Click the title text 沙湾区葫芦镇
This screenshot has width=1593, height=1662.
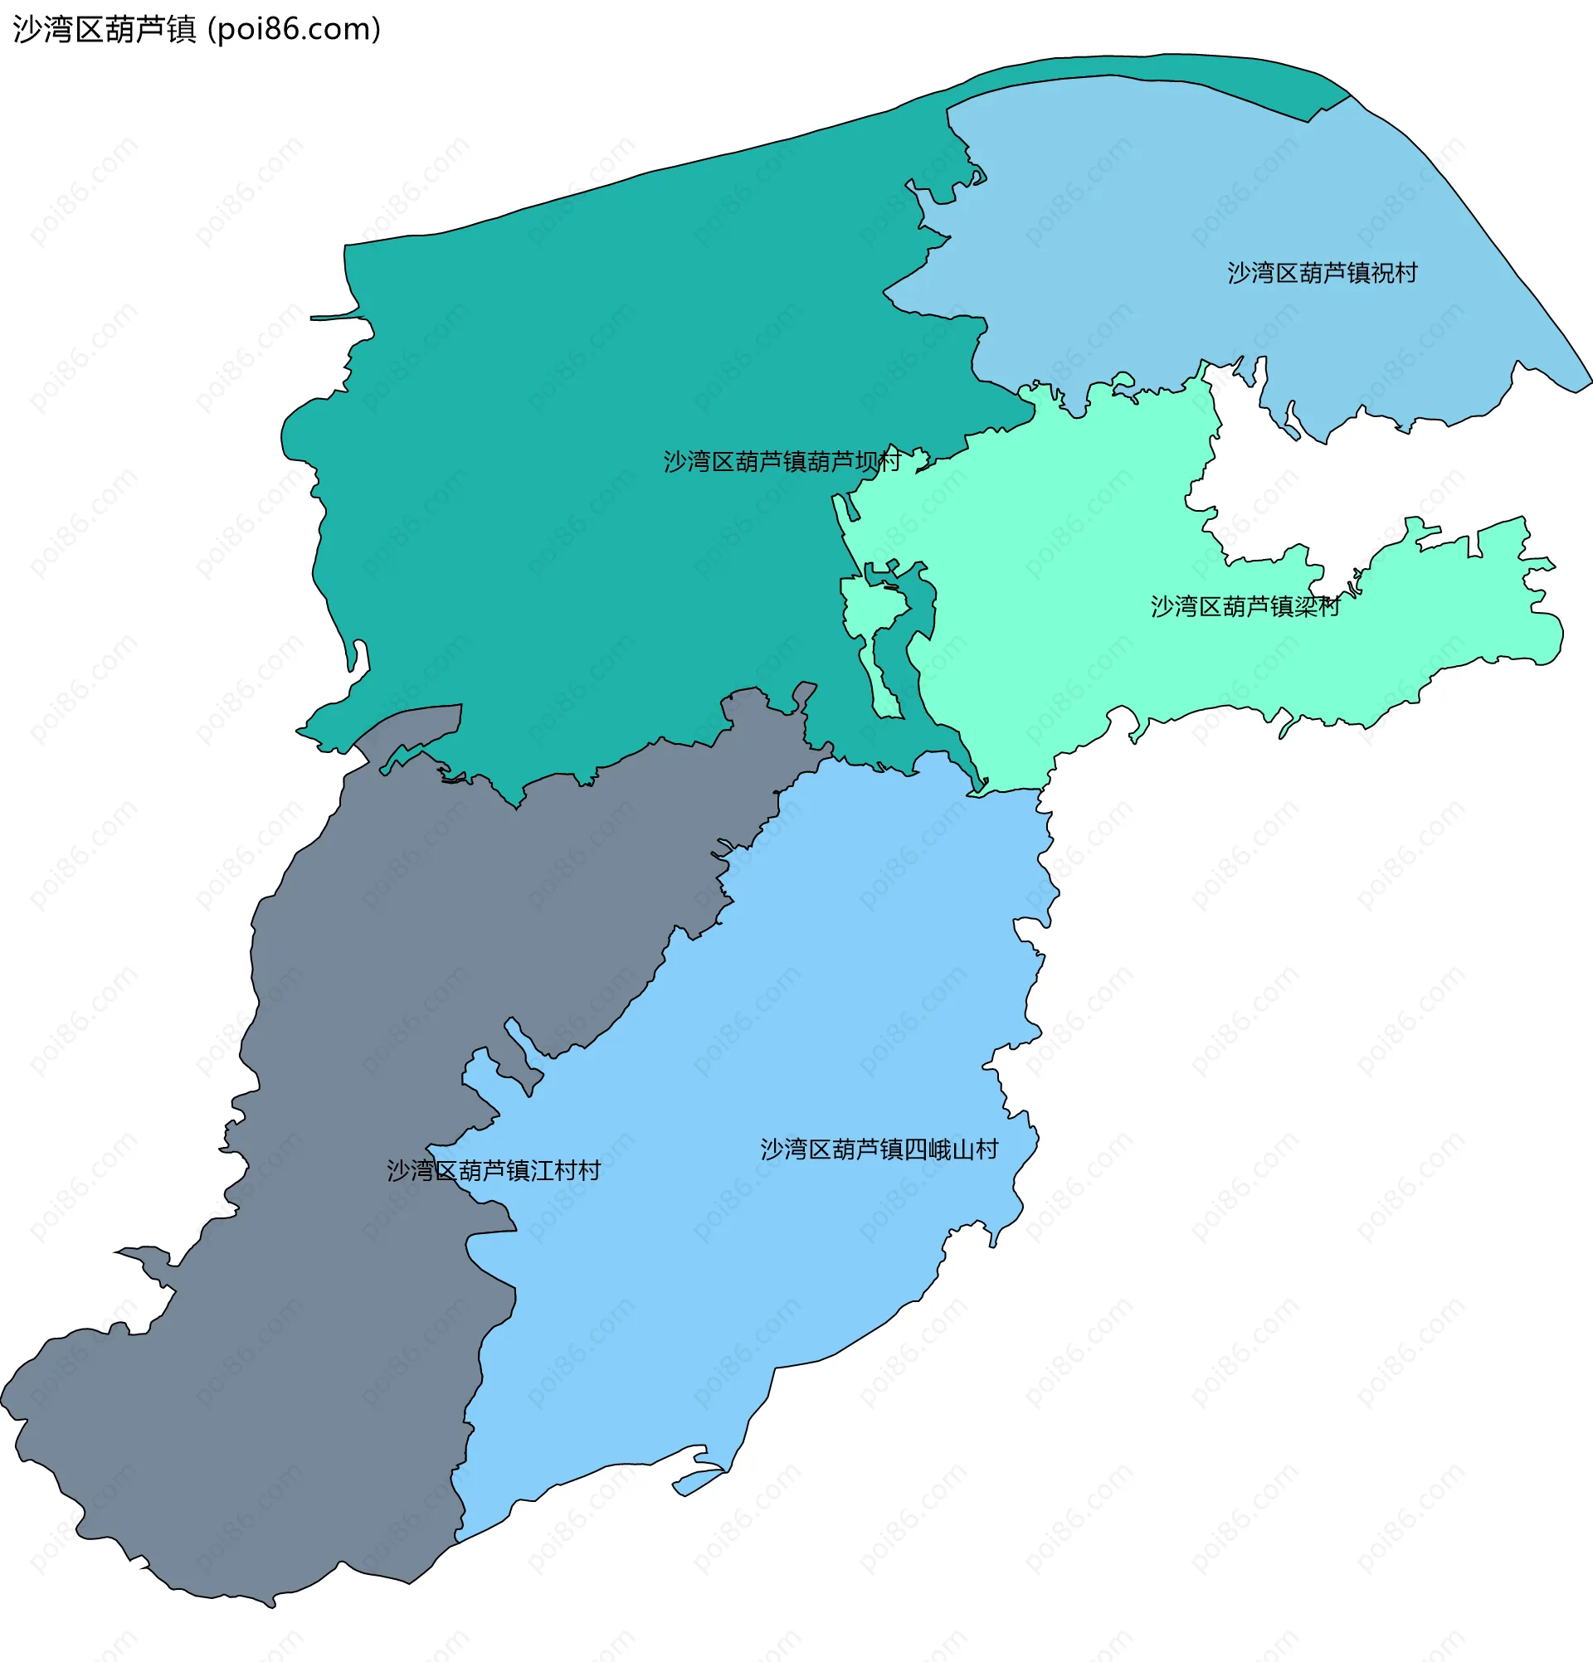coord(105,30)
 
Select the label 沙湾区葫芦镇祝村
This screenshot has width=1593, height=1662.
coord(1322,273)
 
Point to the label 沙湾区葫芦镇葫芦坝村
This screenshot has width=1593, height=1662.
coord(782,461)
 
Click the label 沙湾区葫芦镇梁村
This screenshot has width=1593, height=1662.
coord(1245,606)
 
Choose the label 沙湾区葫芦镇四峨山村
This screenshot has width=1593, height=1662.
coord(879,1149)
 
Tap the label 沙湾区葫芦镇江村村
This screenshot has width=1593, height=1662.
coord(494,1170)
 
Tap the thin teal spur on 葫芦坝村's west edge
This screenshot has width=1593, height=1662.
coord(335,318)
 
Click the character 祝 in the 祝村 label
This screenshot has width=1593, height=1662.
coord(1381,273)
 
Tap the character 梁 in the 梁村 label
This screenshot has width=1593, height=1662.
coord(1305,606)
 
